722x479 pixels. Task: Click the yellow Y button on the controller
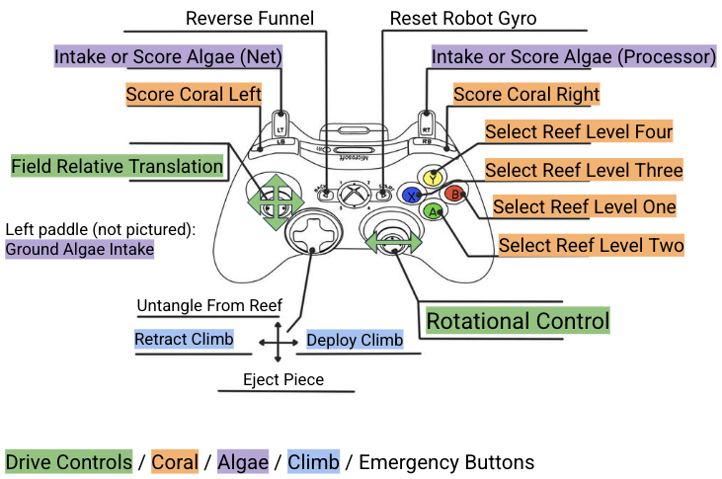433,177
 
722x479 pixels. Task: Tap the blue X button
411,196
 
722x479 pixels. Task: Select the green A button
433,211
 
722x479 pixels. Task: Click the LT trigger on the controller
280,123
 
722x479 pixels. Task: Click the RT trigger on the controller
427,123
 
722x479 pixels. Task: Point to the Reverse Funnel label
250,19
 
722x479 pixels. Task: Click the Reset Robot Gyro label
463,19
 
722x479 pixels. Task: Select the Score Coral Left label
194,94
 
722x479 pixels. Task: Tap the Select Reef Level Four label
579,131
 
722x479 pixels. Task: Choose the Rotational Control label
518,321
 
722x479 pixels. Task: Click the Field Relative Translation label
117,166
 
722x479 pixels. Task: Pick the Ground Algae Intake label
80,249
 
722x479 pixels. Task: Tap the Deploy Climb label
355,340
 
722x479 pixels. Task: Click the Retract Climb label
184,339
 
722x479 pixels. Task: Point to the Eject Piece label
283,379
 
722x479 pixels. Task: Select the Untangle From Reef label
209,305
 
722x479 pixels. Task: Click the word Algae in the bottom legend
243,462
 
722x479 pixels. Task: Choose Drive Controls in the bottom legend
68,462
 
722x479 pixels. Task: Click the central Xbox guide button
354,194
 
